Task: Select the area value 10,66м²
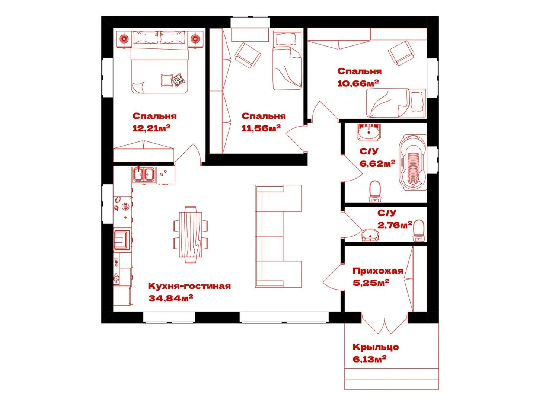tap(358, 83)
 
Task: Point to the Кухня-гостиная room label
tap(189, 286)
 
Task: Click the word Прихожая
tap(378, 271)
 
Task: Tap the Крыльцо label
tap(376, 347)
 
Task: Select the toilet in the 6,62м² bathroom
tap(375, 192)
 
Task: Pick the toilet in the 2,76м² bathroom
tap(418, 231)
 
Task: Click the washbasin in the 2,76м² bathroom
tap(370, 235)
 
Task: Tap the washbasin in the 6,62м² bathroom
tap(369, 132)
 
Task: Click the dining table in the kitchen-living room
tap(191, 234)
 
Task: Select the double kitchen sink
tap(144, 175)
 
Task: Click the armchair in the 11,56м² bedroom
tap(248, 55)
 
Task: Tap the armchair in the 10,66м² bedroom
tap(401, 53)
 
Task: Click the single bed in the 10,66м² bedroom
tap(396, 103)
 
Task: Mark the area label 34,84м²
tap(171, 298)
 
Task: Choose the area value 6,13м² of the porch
tap(370, 359)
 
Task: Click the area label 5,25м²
tap(371, 283)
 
